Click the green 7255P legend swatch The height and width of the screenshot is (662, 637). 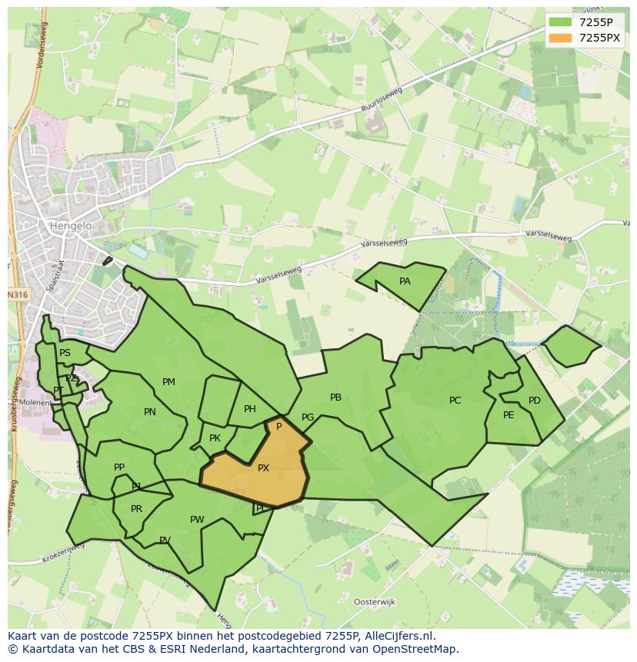click(x=560, y=22)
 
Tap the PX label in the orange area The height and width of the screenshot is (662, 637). click(x=263, y=467)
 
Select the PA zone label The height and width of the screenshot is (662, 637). click(x=405, y=281)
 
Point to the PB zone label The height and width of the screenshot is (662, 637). click(x=335, y=398)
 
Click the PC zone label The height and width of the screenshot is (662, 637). click(x=455, y=401)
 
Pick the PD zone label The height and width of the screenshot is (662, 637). click(x=535, y=401)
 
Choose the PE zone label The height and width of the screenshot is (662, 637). click(x=509, y=415)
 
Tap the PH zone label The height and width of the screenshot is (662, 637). click(x=250, y=409)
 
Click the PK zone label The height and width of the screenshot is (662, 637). click(x=215, y=438)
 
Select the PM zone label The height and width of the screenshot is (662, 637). click(x=168, y=382)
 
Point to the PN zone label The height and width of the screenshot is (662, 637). click(x=150, y=412)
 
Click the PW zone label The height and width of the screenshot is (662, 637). click(x=197, y=520)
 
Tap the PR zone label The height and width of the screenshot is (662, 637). click(x=136, y=509)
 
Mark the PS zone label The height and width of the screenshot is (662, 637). click(x=65, y=353)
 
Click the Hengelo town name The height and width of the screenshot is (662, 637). click(x=70, y=226)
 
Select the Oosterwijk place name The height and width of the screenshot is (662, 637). click(x=374, y=601)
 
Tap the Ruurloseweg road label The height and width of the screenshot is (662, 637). click(x=382, y=103)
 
